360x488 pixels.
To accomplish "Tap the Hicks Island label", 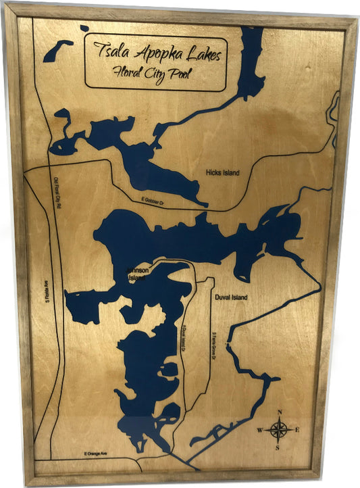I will [222, 173].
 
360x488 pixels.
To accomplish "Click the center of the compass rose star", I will [280, 429].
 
